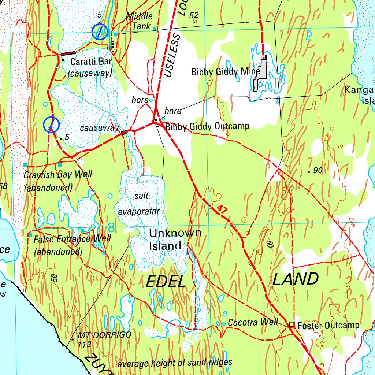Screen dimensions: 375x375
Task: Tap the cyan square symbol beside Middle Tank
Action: (x=155, y=29)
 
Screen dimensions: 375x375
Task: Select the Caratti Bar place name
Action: (x=91, y=62)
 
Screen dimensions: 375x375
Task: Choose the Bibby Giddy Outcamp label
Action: (x=207, y=127)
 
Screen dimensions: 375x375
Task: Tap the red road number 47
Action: (x=222, y=209)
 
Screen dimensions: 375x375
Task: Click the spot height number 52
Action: (x=194, y=15)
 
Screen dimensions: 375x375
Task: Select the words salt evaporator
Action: (x=140, y=204)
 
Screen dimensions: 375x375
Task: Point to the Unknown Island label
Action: (x=175, y=239)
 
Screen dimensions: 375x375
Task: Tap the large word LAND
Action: (x=296, y=279)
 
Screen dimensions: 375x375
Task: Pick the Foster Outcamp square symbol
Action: (x=292, y=324)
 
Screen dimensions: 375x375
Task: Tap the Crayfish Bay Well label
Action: (x=58, y=174)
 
